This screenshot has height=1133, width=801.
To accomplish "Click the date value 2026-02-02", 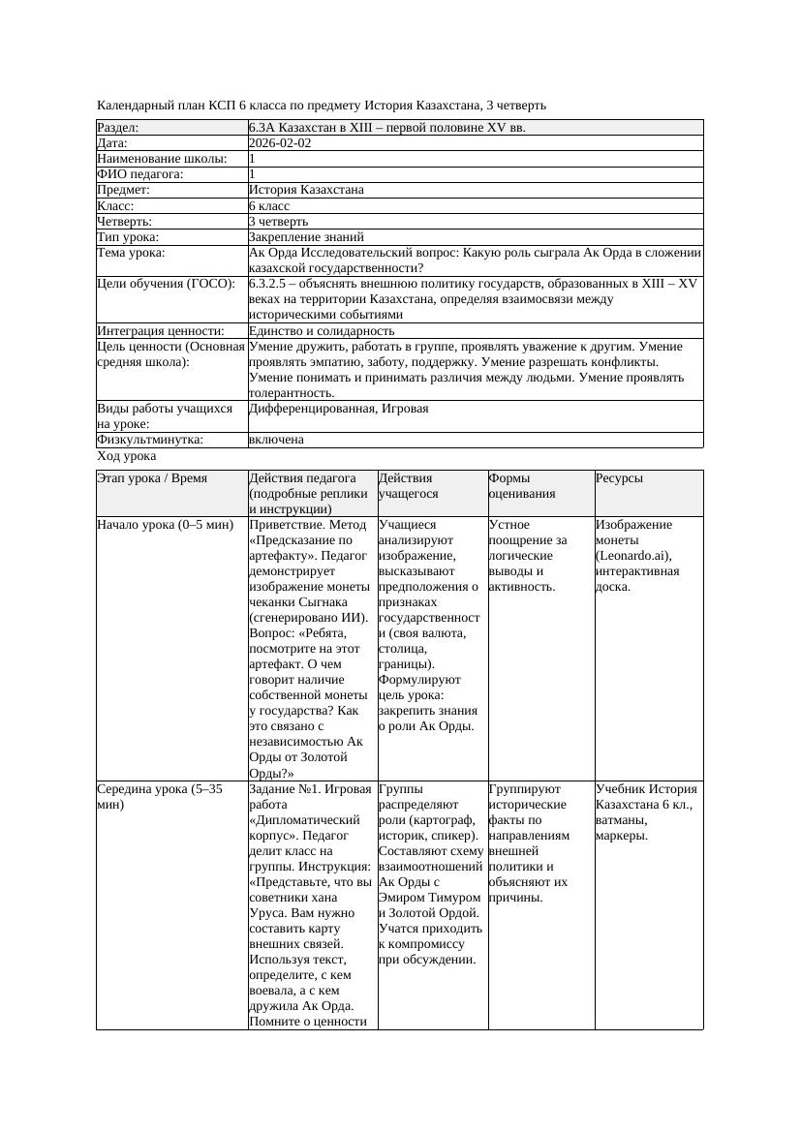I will coord(280,142).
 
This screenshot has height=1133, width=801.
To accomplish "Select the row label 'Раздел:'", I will coord(118,127).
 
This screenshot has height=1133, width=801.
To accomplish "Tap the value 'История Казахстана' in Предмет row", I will coord(306,190).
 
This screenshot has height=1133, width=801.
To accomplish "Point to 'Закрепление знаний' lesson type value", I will coord(306,236).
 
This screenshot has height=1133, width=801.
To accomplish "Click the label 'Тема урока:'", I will coord(131,253).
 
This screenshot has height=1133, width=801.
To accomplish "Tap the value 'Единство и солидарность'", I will coord(321,330).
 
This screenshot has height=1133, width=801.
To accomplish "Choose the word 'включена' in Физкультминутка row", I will coord(276,440).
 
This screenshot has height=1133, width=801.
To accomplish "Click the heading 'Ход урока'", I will coord(127,456).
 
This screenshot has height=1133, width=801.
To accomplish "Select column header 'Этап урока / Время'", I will coord(159,478).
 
